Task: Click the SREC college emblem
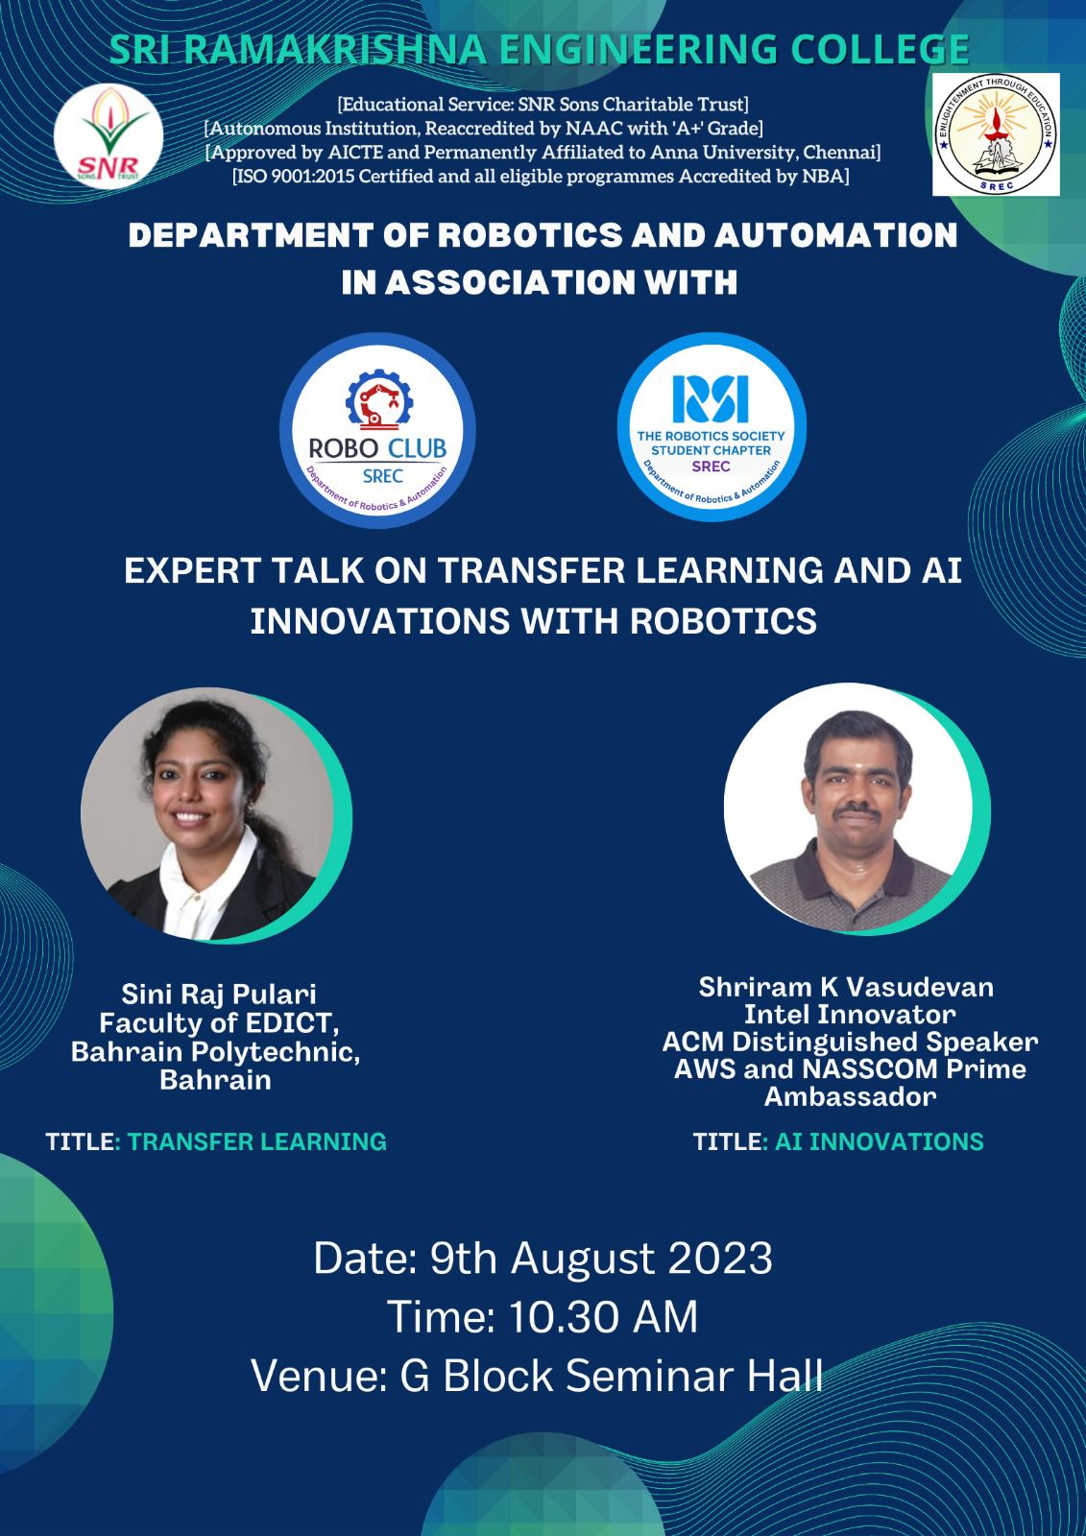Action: click(x=996, y=135)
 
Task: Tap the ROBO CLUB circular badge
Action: click(x=377, y=426)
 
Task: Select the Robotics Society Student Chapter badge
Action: click(x=711, y=426)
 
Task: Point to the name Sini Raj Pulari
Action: click(x=219, y=994)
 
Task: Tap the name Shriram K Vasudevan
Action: click(x=846, y=987)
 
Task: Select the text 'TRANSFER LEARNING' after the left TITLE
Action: click(x=257, y=1141)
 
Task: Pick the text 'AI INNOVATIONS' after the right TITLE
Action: click(x=879, y=1141)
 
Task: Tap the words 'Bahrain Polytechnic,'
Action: click(x=216, y=1051)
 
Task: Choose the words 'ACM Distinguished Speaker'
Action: click(x=849, y=1042)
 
